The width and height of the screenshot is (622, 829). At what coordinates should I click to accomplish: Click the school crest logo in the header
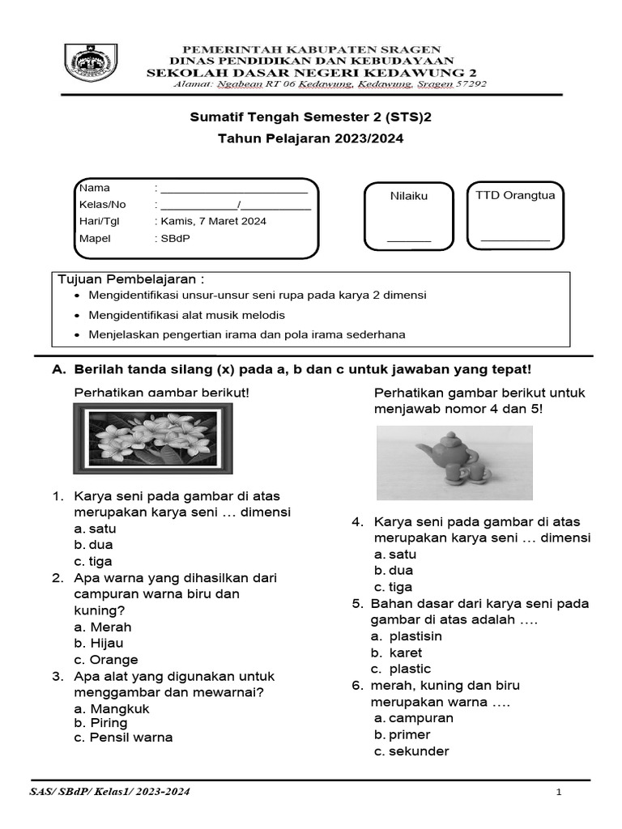pos(93,62)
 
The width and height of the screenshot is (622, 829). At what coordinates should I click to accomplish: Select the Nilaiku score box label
pos(408,196)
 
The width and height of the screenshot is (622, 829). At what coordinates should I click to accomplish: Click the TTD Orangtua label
pos(515,195)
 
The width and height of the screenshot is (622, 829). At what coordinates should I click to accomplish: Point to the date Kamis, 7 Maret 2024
pos(213,221)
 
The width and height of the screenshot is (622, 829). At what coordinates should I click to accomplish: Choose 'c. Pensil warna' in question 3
pos(122,737)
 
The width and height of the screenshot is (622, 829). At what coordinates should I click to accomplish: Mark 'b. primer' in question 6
pos(402,734)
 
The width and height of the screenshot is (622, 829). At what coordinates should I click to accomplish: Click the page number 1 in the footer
pos(559,793)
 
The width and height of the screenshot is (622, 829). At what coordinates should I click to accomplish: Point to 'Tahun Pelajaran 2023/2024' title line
pos(310,138)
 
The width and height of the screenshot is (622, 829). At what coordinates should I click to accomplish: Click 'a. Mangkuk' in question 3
pos(112,709)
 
